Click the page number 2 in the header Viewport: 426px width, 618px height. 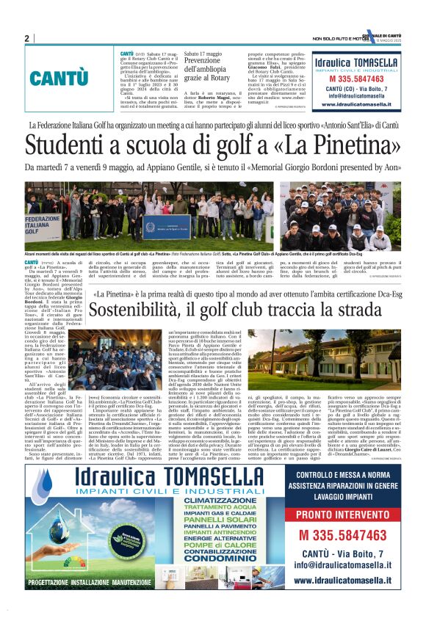coord(26,39)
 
